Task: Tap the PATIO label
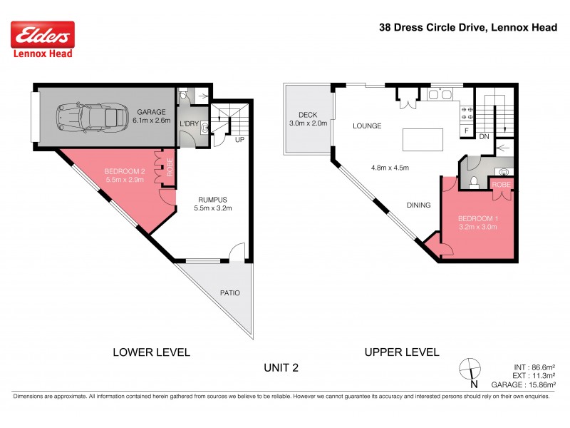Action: (x=229, y=293)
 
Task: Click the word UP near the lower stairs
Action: (x=239, y=140)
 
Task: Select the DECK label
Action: (x=307, y=115)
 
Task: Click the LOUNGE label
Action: (x=367, y=126)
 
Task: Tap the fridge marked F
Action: (x=466, y=131)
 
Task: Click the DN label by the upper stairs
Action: (x=484, y=136)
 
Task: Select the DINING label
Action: (x=418, y=205)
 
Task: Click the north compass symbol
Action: (x=471, y=370)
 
